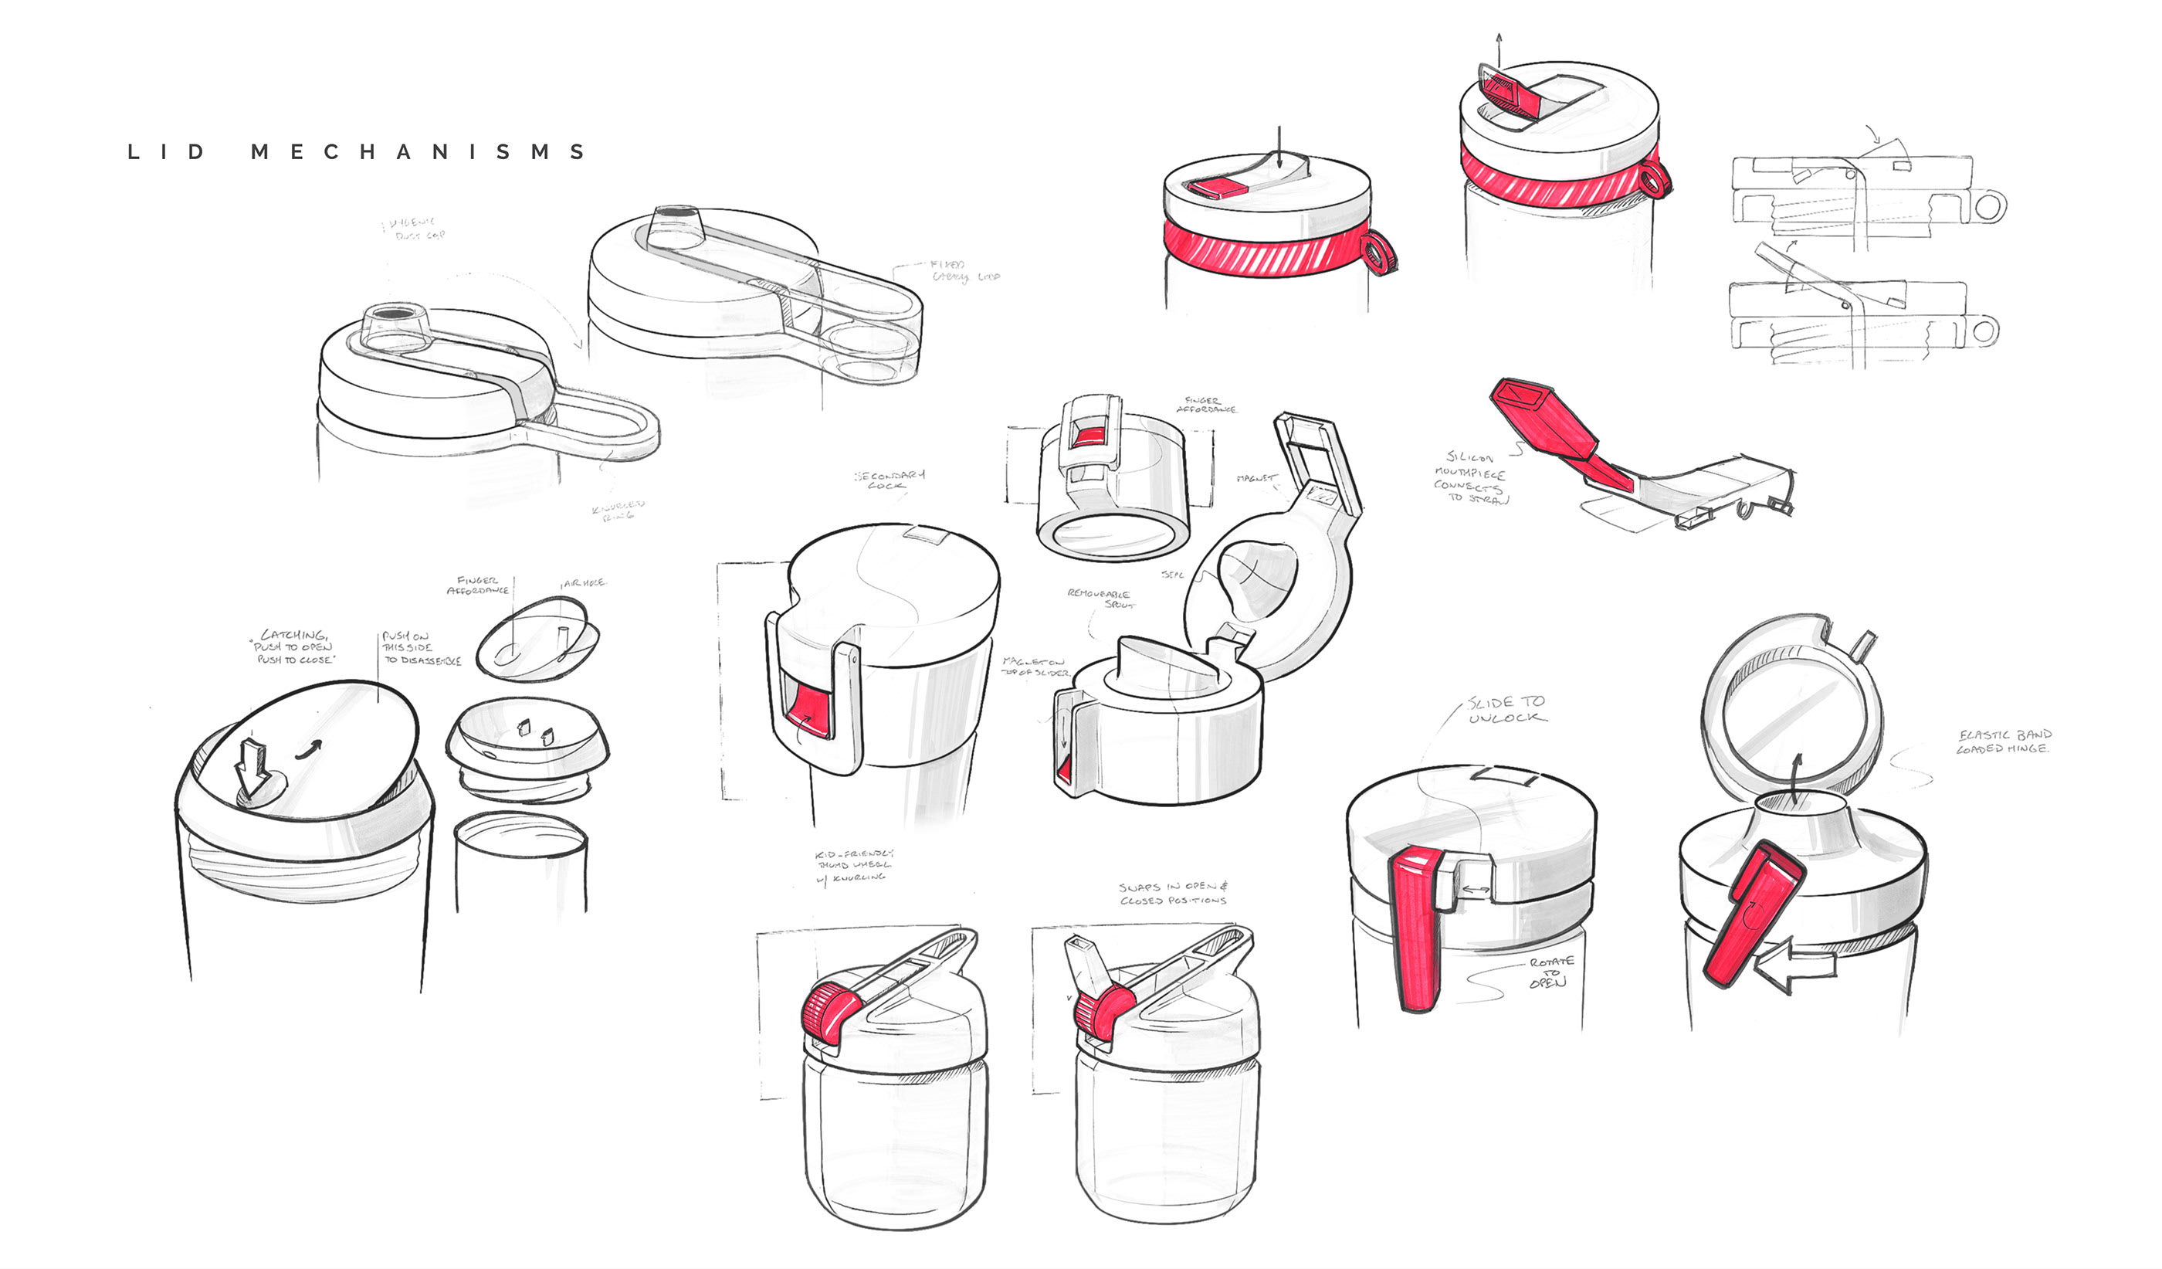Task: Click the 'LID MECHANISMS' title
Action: pos(355,153)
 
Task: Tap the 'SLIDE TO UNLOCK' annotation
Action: pos(1506,710)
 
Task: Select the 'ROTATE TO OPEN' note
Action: pos(1550,972)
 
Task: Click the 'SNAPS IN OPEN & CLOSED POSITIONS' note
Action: pos(1173,893)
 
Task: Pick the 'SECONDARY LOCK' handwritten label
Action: pos(890,480)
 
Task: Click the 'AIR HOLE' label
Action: pos(585,582)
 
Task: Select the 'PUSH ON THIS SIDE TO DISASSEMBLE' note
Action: pos(420,649)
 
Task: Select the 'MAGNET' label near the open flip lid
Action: pos(1256,478)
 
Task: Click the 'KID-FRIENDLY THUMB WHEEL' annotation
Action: pos(852,866)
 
